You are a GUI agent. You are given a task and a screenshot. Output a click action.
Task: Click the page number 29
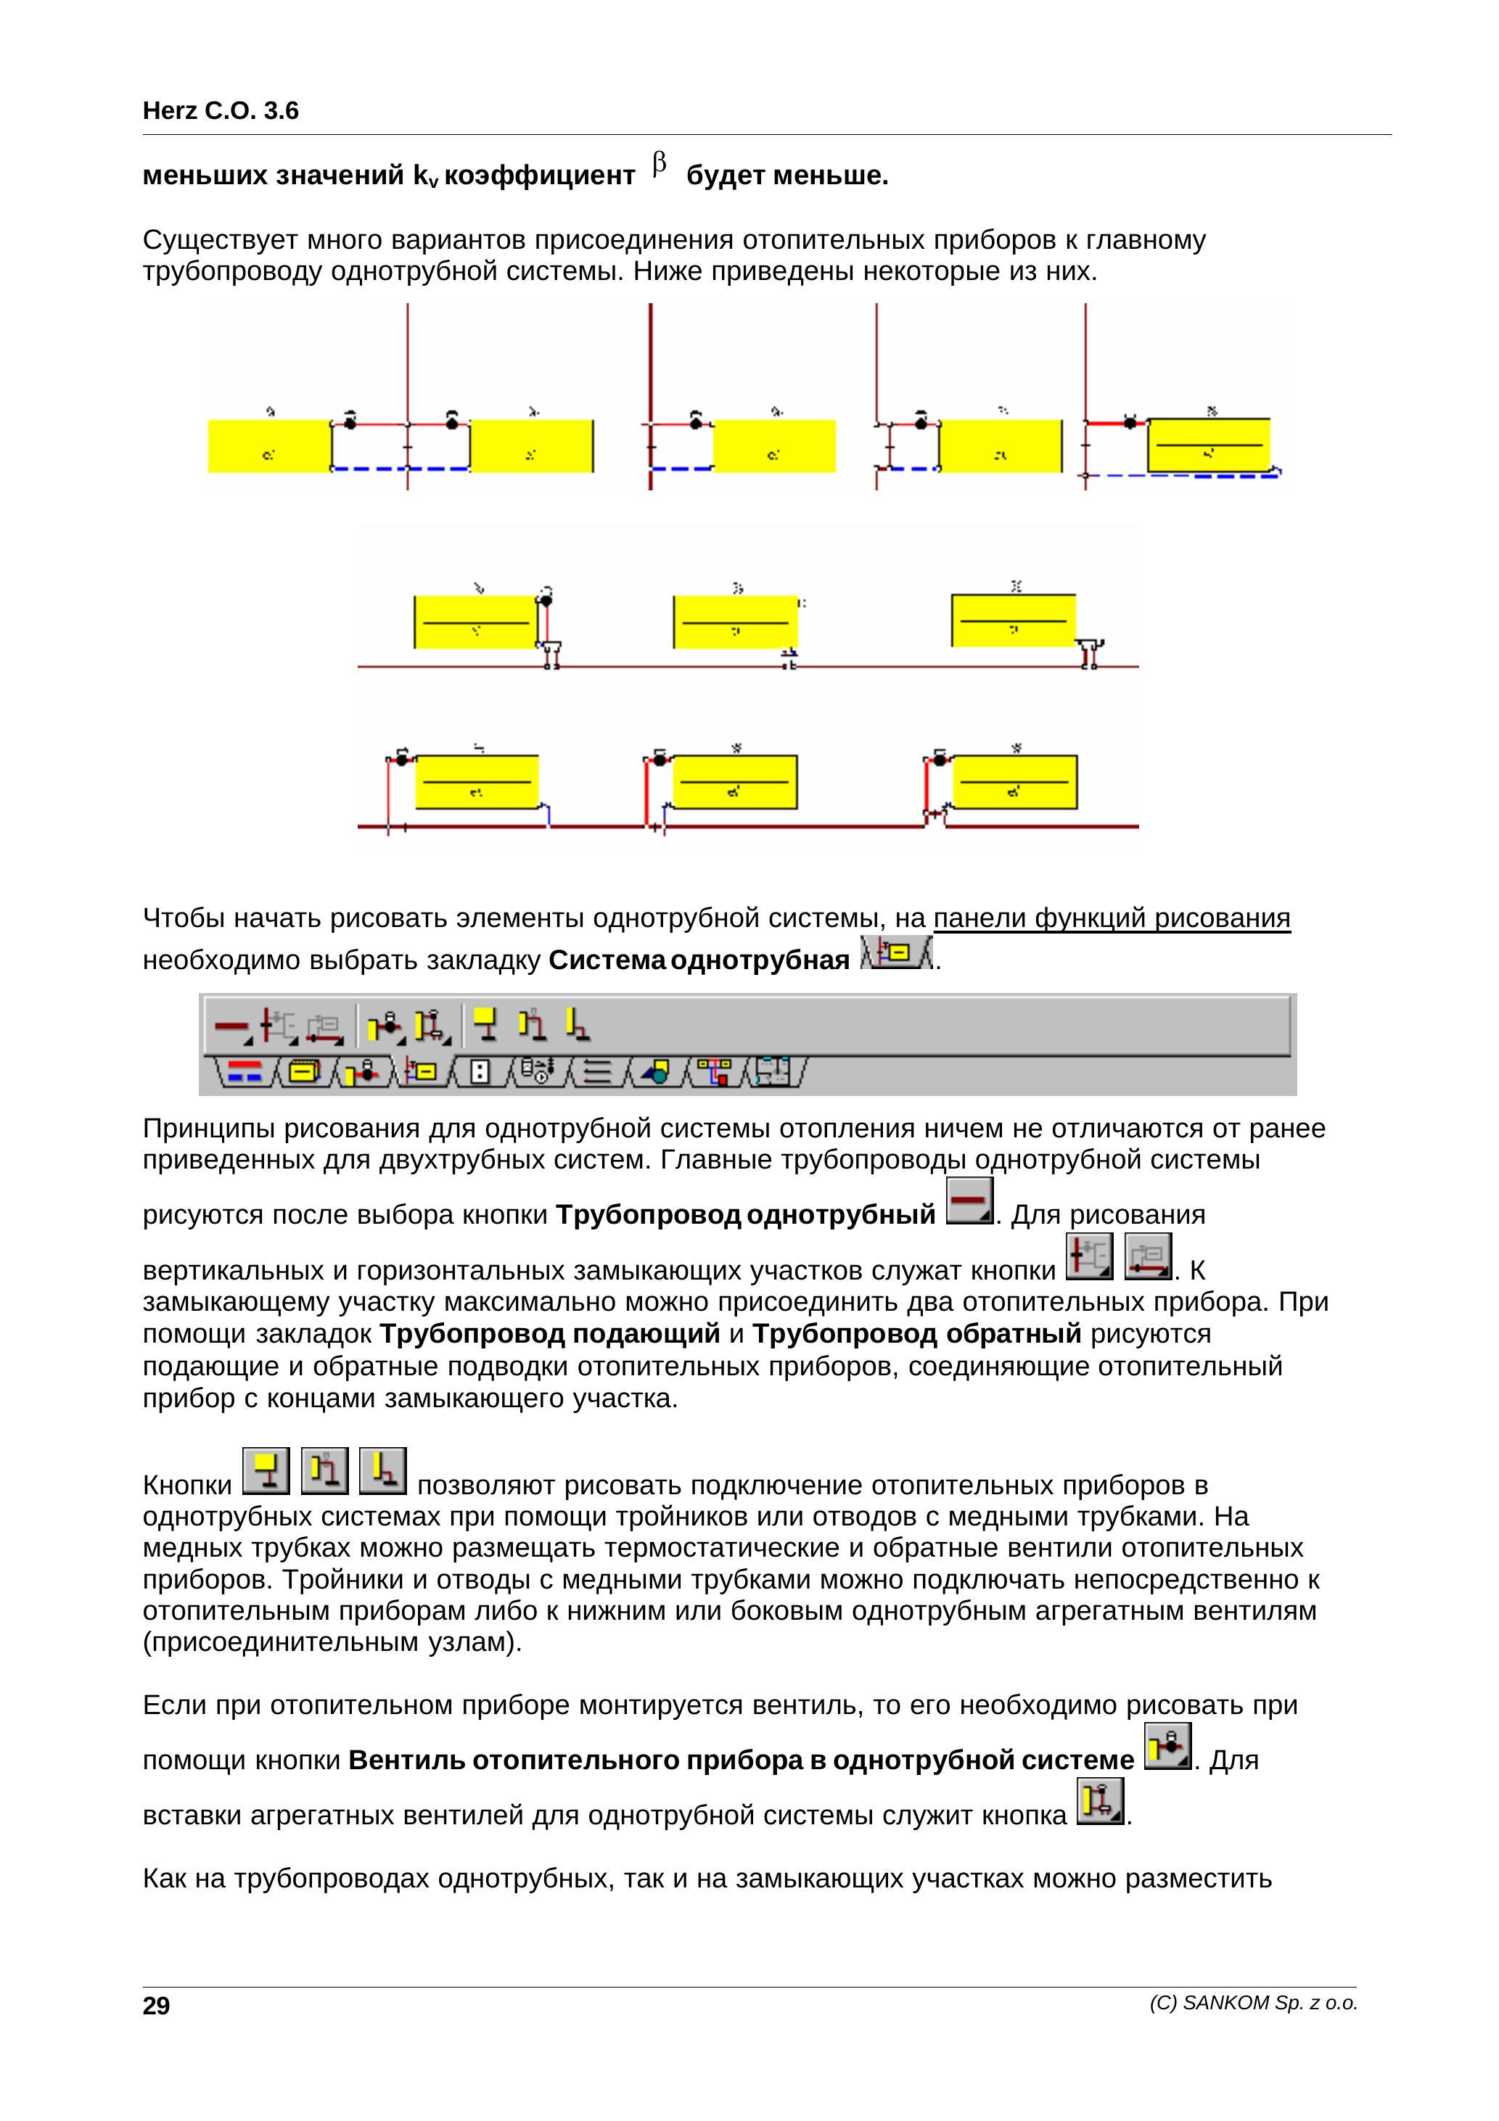point(156,2006)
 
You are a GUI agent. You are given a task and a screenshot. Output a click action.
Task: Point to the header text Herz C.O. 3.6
point(221,111)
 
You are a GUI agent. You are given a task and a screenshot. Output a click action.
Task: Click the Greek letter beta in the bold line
point(659,165)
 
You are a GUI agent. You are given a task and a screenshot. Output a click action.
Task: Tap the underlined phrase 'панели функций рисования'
point(1112,918)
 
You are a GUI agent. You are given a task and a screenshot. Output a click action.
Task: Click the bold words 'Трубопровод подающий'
point(550,1334)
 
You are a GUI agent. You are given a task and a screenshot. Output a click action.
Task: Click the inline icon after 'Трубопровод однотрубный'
point(969,1201)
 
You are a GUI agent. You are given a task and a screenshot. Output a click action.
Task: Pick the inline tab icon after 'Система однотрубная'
point(895,952)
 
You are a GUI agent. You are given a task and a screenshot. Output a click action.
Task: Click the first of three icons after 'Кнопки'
point(266,1470)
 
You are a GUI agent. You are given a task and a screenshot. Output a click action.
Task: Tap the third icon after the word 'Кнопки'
point(382,1470)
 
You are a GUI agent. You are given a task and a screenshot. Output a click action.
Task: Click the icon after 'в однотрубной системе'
point(1167,1746)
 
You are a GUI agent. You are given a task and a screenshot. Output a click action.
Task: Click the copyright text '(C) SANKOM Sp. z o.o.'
point(1253,2003)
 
